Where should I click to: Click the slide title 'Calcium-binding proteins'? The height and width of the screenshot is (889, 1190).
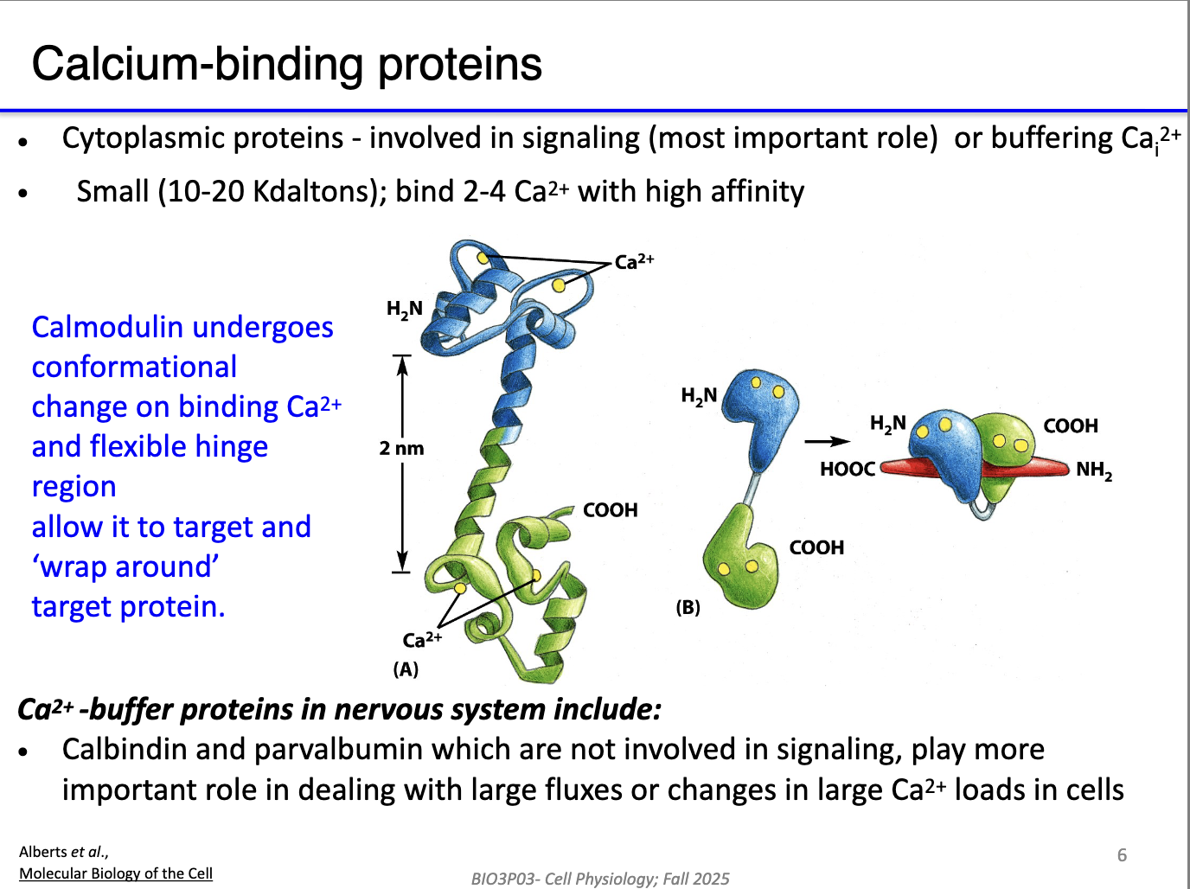coord(286,64)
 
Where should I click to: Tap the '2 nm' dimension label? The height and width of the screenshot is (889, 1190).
coord(401,448)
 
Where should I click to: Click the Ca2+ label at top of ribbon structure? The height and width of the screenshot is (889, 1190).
coord(634,261)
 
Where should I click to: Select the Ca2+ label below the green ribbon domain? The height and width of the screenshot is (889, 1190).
coord(421,640)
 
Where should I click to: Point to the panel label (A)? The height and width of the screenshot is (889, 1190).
coord(406,669)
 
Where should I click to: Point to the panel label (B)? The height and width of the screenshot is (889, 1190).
coord(688,607)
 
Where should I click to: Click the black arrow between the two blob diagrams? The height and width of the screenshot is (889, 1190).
coord(828,441)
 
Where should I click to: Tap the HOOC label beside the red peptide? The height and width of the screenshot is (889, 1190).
coord(848,469)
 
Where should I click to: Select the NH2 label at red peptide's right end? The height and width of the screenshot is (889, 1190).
coord(1094,470)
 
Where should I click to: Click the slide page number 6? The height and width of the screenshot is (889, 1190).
coord(1122,855)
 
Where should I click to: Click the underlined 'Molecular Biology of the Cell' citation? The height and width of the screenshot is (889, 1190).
coord(116,873)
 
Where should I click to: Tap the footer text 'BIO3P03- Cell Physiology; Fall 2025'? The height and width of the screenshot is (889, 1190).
coord(600,879)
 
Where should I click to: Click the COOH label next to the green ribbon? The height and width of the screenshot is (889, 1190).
coord(610,510)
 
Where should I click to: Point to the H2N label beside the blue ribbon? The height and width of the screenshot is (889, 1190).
coord(404,310)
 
